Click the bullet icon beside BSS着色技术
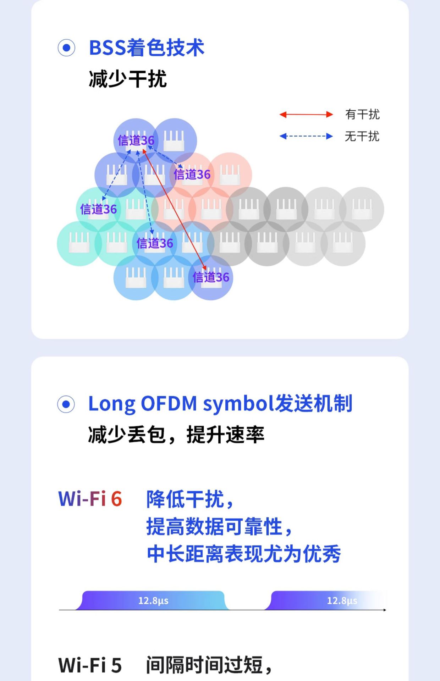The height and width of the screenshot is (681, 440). coord(66,48)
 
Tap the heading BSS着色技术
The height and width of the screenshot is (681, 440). coord(147,48)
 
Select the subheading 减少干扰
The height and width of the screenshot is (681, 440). coord(128,79)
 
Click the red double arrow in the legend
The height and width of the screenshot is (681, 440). coord(306,114)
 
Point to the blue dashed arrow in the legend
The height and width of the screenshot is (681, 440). coord(306,136)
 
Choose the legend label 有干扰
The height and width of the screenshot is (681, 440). coord(362,114)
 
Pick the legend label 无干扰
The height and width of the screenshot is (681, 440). coord(362,136)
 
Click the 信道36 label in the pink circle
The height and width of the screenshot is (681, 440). coord(192,175)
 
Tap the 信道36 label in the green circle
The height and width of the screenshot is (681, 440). coord(98,209)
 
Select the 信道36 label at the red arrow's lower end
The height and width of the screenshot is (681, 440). coord(211,277)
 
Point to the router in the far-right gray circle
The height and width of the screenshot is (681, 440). coord(362,209)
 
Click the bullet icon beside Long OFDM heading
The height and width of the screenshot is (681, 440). coord(66,404)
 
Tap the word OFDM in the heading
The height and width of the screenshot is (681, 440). coord(169,404)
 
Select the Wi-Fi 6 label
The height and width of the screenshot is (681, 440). coord(90,499)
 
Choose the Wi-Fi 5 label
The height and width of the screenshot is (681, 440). coord(90,665)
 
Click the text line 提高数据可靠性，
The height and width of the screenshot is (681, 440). coord(219,526)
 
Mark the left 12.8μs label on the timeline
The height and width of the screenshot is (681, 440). coord(153,600)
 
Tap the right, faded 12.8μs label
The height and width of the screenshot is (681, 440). coord(342,600)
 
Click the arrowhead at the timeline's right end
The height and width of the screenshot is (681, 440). coord(384,610)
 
